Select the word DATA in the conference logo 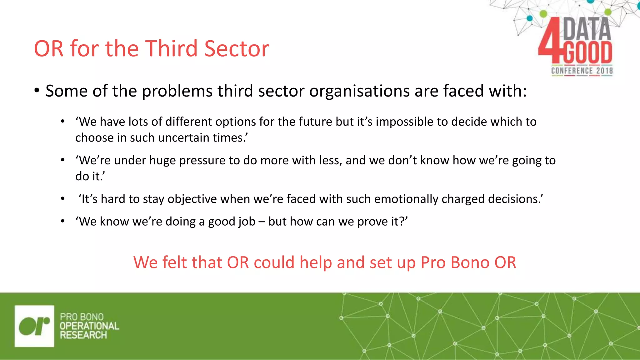click(x=587, y=29)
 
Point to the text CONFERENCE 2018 click(x=582, y=71)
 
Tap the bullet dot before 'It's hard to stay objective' click(x=63, y=199)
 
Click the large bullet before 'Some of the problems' click(x=37, y=91)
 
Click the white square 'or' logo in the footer click(x=34, y=326)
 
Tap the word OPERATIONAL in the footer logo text click(x=89, y=326)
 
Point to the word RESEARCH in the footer click(x=83, y=335)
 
